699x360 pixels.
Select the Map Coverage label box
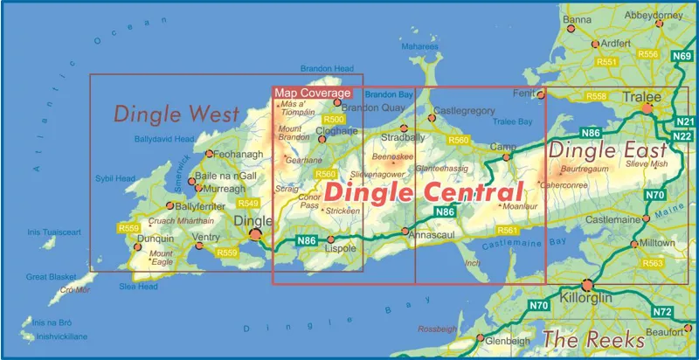(x=312, y=93)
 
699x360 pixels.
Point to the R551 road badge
(x=606, y=62)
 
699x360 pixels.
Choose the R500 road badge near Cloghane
(x=334, y=120)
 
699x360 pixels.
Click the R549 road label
(x=247, y=203)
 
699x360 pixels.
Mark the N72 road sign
(x=662, y=312)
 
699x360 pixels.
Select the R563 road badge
(x=652, y=263)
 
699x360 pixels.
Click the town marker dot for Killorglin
(x=588, y=284)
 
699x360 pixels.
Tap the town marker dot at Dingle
(x=255, y=234)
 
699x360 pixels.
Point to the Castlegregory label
(x=464, y=111)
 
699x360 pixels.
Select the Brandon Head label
(x=326, y=68)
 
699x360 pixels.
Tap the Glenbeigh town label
(x=507, y=341)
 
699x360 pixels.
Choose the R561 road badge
(x=506, y=230)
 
